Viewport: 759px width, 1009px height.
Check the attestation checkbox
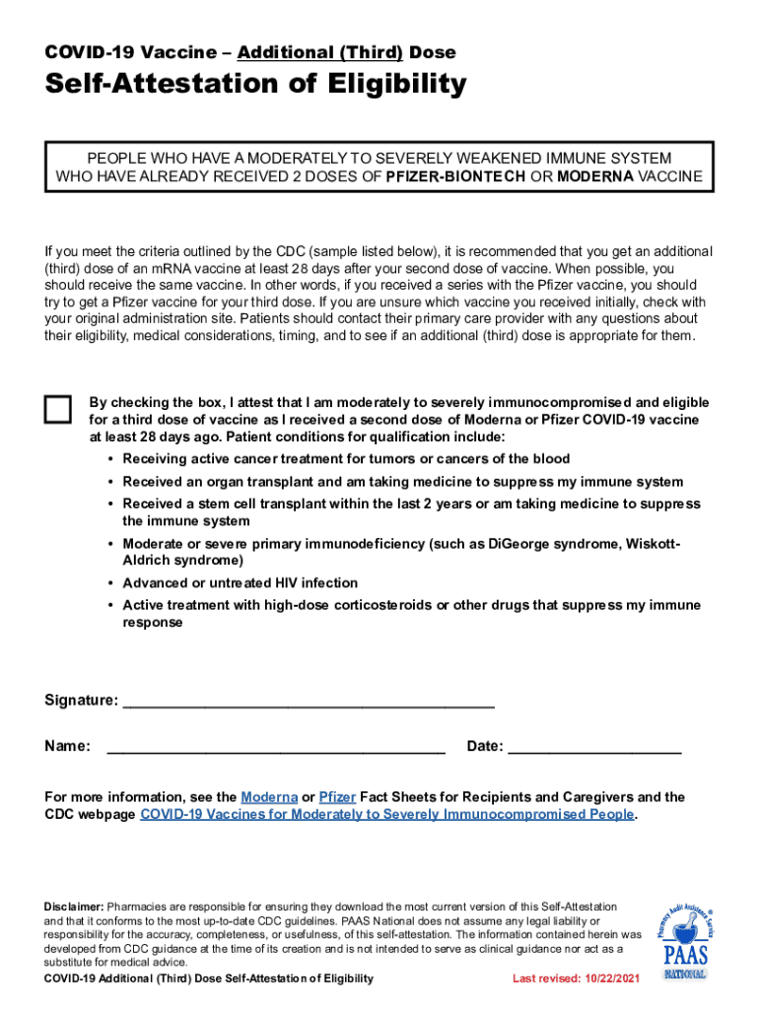pyautogui.click(x=58, y=410)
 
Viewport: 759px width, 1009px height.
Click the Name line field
pyautogui.click(x=276, y=746)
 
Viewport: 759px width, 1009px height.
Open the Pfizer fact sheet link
pyautogui.click(x=337, y=796)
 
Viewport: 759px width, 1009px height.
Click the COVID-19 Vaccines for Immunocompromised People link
pyautogui.click(x=387, y=814)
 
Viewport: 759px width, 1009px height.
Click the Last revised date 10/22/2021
pyautogui.click(x=576, y=978)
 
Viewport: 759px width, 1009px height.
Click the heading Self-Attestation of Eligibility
pyautogui.click(x=255, y=86)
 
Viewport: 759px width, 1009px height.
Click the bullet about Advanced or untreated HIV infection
pyautogui.click(x=240, y=582)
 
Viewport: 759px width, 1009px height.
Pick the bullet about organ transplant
pyautogui.click(x=402, y=482)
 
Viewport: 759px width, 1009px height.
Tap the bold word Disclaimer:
pyautogui.click(x=74, y=906)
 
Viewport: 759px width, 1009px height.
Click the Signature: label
pyautogui.click(x=81, y=700)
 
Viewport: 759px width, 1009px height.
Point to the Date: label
pyautogui.click(x=485, y=746)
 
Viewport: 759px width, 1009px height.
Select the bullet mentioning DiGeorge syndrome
pyautogui.click(x=401, y=552)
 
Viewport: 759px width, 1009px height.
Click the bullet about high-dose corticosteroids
pyautogui.click(x=411, y=613)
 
